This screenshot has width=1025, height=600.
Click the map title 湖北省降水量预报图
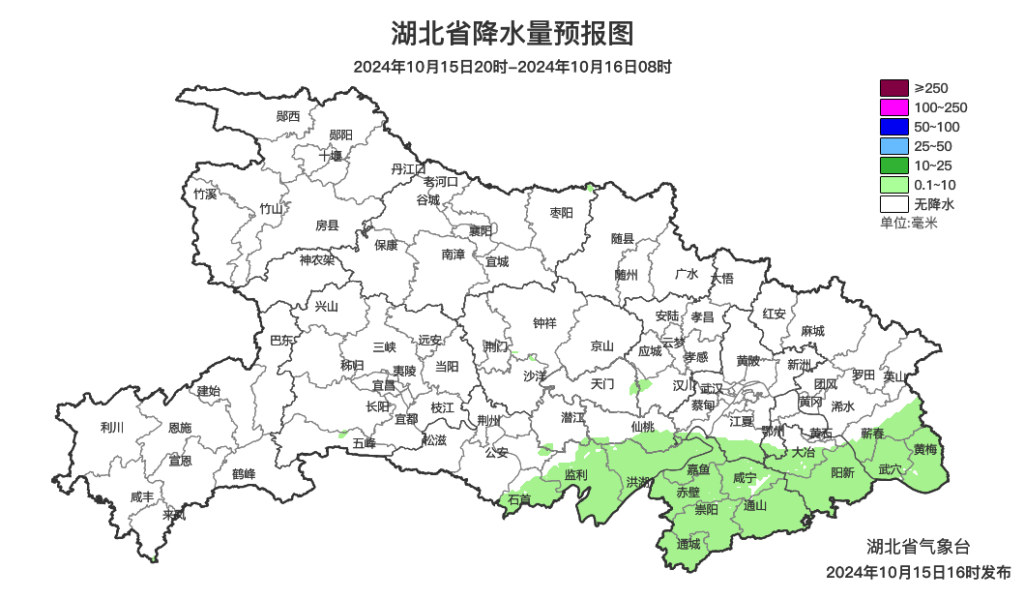pyautogui.click(x=512, y=35)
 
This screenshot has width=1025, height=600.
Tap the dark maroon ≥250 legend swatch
pyautogui.click(x=894, y=88)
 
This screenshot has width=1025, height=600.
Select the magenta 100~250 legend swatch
pyautogui.click(x=894, y=107)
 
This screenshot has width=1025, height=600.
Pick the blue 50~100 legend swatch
pyautogui.click(x=894, y=127)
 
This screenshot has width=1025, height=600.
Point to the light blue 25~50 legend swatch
pyautogui.click(x=894, y=146)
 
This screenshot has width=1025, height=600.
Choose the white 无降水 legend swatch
pyautogui.click(x=894, y=204)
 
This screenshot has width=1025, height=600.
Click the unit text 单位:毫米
pyautogui.click(x=909, y=224)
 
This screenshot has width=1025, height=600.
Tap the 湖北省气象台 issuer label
pyautogui.click(x=914, y=546)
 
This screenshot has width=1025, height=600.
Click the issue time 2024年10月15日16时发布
pyautogui.click(x=918, y=572)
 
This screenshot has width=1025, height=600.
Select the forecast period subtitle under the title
pyautogui.click(x=512, y=68)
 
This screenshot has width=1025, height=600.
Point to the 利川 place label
pyautogui.click(x=112, y=427)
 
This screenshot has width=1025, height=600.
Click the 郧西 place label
pyautogui.click(x=288, y=116)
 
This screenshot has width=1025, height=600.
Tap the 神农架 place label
pyautogui.click(x=316, y=259)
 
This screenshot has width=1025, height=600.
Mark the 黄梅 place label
pyautogui.click(x=924, y=449)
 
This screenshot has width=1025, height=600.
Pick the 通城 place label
pyautogui.click(x=688, y=544)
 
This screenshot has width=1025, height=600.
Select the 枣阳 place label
pyautogui.click(x=561, y=213)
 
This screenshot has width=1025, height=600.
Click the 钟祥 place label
pyautogui.click(x=545, y=323)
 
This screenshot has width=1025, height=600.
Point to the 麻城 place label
pyautogui.click(x=812, y=331)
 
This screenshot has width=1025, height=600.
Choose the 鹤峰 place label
pyautogui.click(x=244, y=474)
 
